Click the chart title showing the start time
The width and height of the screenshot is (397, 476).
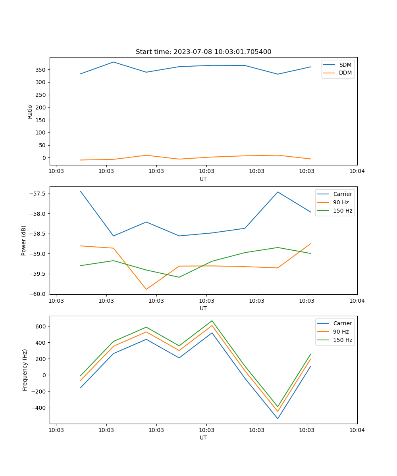tap(203, 52)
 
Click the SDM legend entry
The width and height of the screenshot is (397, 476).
tap(345, 65)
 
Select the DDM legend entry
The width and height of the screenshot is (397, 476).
tap(345, 73)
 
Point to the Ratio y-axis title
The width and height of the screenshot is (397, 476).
tap(30, 111)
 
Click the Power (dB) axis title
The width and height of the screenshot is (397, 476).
tap(24, 240)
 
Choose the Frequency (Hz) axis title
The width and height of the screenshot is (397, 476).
tap(25, 370)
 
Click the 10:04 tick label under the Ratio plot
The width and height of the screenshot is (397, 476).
tap(357, 171)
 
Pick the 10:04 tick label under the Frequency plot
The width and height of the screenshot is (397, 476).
tap(357, 430)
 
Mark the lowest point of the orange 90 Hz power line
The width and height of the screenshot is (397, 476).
tap(146, 289)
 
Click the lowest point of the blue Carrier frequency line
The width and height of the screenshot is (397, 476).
tap(278, 418)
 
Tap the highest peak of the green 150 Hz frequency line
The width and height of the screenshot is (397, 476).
tap(212, 321)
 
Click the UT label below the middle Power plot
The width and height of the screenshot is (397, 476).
tap(203, 308)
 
